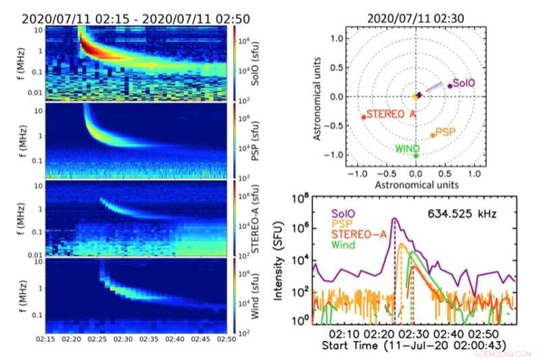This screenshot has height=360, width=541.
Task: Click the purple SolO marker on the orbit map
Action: tap(449, 86)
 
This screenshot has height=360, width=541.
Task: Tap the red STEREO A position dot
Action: tap(364, 117)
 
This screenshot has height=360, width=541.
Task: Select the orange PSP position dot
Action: tap(433, 135)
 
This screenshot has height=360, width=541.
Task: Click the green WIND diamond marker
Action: tap(416, 156)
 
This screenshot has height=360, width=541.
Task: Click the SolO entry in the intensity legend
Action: tap(344, 210)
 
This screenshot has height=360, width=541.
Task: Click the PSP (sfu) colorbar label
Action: tap(256, 139)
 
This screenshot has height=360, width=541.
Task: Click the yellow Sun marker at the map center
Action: tap(415, 97)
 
